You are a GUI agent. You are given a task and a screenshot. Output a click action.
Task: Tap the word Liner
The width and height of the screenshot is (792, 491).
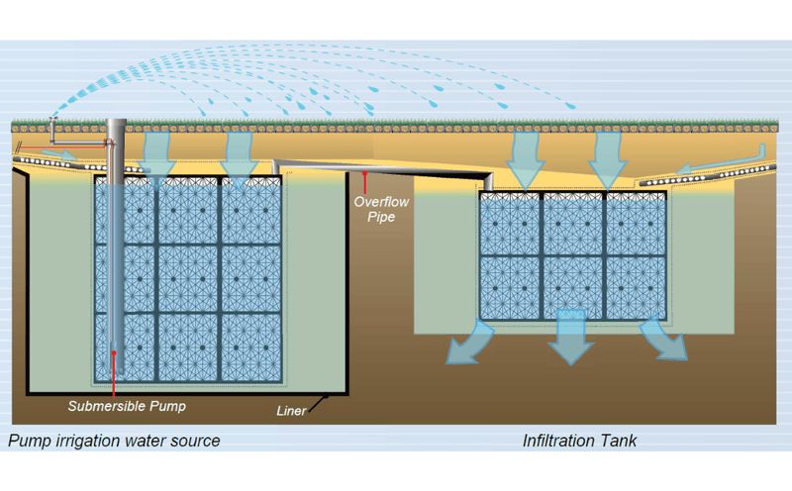[293, 410]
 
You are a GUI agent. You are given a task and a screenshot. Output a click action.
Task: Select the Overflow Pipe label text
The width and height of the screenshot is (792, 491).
[375, 208]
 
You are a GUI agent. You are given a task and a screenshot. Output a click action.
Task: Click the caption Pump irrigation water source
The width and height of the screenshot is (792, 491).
[114, 441]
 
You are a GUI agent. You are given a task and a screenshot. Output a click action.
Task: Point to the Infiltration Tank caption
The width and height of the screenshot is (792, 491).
[580, 441]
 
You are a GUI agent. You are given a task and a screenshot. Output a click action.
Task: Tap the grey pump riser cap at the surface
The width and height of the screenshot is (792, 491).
[116, 124]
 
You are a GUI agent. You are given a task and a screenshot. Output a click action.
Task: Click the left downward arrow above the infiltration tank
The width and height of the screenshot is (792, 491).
[524, 153]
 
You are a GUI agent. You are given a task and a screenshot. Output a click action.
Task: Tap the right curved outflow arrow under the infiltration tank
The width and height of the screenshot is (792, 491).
[664, 340]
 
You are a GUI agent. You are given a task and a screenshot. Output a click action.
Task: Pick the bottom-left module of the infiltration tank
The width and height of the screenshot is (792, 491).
[510, 287]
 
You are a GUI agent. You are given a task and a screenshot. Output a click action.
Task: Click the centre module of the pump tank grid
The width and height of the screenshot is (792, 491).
[187, 278]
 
